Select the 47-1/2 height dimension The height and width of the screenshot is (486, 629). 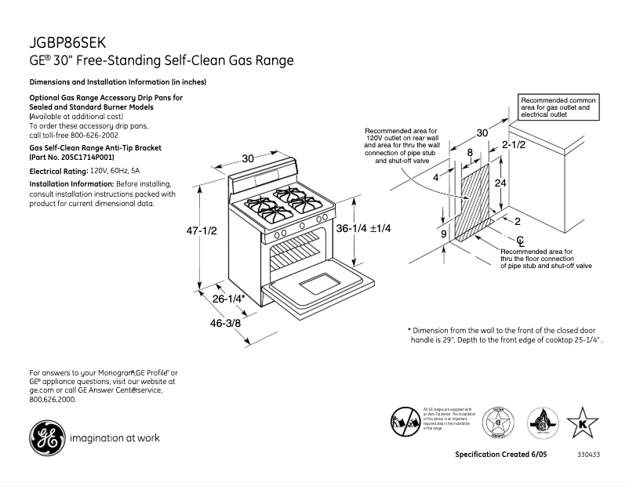pos(199,230)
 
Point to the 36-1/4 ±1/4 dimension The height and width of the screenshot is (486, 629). pos(363,228)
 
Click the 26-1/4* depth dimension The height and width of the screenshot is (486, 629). pos(229,299)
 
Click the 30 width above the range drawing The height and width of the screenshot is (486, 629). pos(248,158)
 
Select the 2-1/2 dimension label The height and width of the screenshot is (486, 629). pos(514,145)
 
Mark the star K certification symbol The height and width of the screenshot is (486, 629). pos(582,424)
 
